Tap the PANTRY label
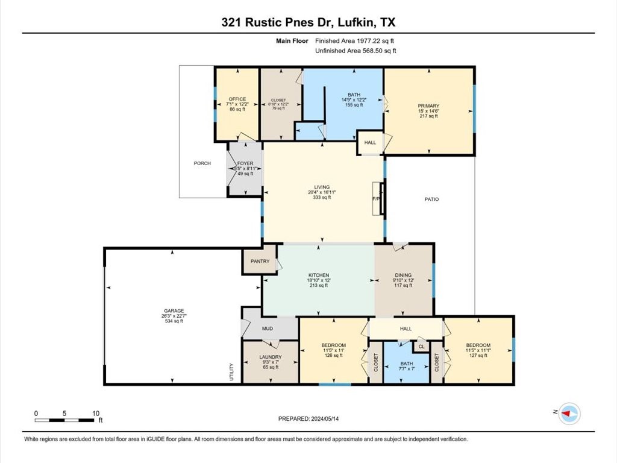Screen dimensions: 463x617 [x=260, y=261]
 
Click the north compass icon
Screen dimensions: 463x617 [x=567, y=412]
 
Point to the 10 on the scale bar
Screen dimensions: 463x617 [x=96, y=414]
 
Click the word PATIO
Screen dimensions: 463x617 [x=431, y=199]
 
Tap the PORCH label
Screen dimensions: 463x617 [x=202, y=163]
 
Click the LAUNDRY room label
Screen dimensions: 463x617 [x=271, y=357]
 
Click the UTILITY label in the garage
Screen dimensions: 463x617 [x=231, y=371]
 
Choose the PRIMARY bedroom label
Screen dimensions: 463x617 [x=429, y=106]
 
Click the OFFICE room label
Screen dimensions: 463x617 [x=237, y=99]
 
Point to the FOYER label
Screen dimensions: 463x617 [x=245, y=163]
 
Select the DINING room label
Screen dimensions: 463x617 [x=403, y=274]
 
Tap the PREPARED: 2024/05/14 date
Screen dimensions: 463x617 [x=312, y=418]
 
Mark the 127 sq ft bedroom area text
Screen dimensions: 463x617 [x=478, y=356]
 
